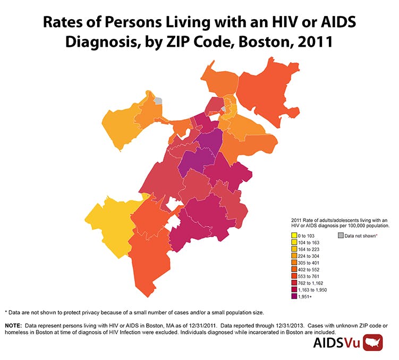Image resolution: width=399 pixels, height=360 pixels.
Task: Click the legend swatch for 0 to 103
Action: [294, 235]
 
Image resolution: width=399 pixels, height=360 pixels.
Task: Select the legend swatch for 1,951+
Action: [294, 297]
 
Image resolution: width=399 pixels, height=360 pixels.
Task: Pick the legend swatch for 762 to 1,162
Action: [294, 283]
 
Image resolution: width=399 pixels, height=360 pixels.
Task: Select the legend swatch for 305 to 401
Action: [294, 263]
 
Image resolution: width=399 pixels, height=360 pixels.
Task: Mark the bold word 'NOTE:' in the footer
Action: [15, 324]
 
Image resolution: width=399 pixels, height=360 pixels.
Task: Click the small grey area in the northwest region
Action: [158, 100]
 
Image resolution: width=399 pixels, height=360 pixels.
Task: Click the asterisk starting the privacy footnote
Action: [6, 312]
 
